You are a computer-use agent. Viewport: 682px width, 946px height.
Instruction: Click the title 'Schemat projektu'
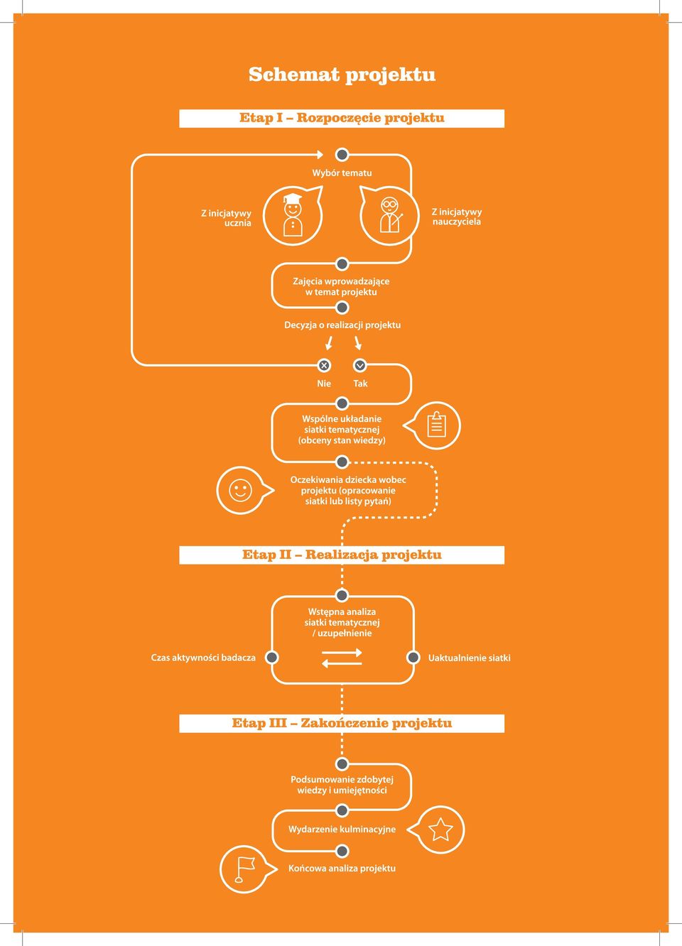click(x=342, y=75)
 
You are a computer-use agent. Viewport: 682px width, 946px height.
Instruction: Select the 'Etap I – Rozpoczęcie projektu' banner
click(x=342, y=118)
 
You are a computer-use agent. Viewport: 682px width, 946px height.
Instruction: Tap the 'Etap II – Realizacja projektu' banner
click(x=342, y=555)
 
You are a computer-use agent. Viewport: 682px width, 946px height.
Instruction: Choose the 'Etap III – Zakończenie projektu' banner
click(x=342, y=724)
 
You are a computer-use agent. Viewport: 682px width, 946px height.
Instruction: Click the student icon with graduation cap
click(x=293, y=216)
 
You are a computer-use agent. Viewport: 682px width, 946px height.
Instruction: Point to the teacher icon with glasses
click(x=389, y=216)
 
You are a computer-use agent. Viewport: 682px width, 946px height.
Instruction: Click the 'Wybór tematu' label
click(x=342, y=173)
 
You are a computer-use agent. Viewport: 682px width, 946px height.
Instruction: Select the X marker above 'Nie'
click(x=324, y=365)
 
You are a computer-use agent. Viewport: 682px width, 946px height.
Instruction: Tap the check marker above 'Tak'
click(x=360, y=365)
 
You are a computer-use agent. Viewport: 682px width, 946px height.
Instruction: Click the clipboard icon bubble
click(x=433, y=425)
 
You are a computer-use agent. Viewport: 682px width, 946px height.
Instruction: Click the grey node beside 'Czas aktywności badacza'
click(x=271, y=658)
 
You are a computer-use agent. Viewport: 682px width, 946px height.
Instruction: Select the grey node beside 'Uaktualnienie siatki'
click(x=413, y=658)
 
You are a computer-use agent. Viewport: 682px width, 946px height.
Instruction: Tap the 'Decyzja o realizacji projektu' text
click(x=342, y=325)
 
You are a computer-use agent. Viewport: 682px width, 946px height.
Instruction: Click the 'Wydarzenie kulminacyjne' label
click(x=342, y=830)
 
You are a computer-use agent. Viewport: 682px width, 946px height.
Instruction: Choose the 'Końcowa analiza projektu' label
click(x=342, y=869)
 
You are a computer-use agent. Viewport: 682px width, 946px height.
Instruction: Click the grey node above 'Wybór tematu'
click(x=342, y=155)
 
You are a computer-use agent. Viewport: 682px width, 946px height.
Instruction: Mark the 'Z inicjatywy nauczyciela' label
click(x=457, y=217)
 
